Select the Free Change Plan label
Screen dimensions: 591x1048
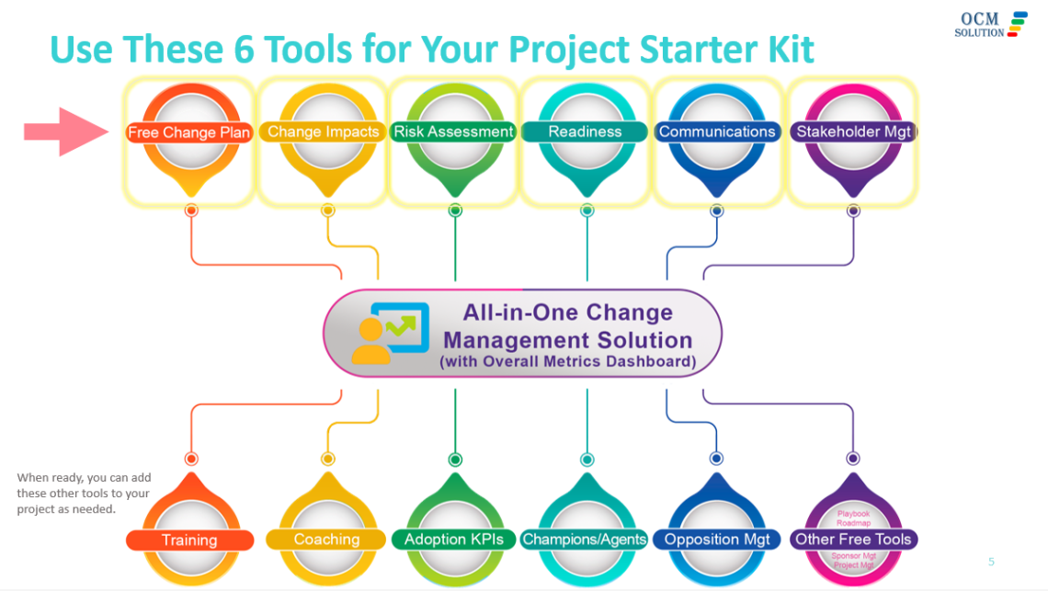coord(188,132)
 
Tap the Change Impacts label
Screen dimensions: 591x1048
coord(324,132)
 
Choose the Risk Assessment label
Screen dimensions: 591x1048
coord(453,131)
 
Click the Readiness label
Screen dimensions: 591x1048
coord(585,131)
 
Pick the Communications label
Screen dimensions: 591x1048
coord(717,131)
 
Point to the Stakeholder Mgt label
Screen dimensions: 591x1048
coord(853,131)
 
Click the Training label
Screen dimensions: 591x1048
coord(189,540)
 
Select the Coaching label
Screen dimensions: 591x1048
coord(326,540)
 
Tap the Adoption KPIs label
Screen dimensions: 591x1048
coord(454,540)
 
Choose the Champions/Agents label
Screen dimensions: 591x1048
coord(585,540)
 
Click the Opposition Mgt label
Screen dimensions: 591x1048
coord(717,540)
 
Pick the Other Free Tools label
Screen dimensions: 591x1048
coord(853,540)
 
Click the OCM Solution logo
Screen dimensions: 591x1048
coord(991,24)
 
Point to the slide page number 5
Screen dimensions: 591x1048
coord(991,562)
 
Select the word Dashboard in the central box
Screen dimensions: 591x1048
coord(648,361)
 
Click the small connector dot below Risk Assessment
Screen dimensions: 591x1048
coord(455,210)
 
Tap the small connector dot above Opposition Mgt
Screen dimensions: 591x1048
coord(717,459)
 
